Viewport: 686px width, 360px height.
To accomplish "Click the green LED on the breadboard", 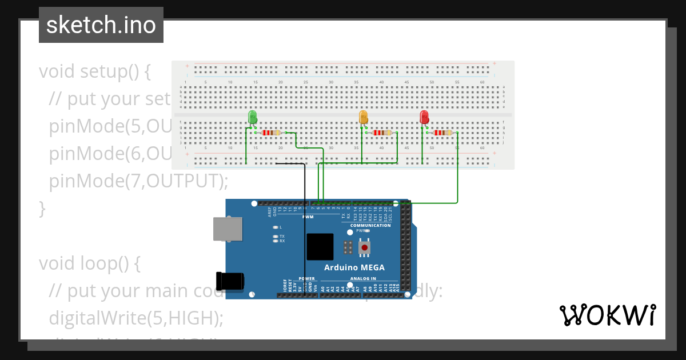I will click(x=253, y=117).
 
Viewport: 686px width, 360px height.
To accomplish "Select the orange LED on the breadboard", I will click(x=363, y=117).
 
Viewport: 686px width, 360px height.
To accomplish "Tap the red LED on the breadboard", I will click(x=424, y=117).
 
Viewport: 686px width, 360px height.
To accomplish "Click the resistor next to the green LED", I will click(x=270, y=133).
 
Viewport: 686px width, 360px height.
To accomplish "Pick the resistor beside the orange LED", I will click(x=381, y=133).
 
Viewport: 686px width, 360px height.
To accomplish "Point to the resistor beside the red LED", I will click(x=442, y=133).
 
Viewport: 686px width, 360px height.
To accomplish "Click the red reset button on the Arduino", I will click(x=364, y=247).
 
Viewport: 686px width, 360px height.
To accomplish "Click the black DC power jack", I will click(x=230, y=281).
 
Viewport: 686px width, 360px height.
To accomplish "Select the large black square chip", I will click(x=320, y=247).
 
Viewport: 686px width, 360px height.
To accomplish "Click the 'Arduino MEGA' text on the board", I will click(x=354, y=267).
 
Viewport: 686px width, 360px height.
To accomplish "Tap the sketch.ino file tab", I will click(x=101, y=25).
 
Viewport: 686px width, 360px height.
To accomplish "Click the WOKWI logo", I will click(x=607, y=315).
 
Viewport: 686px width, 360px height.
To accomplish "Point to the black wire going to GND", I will click(x=304, y=229).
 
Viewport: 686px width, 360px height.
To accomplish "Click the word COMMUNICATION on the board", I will click(x=370, y=225).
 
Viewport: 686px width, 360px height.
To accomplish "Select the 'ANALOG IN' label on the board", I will click(x=363, y=279).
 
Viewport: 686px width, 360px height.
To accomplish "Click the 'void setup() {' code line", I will click(x=95, y=72).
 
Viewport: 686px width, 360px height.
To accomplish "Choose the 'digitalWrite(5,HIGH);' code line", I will click(x=136, y=318).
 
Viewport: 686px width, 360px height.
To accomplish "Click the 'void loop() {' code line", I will click(x=89, y=263).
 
